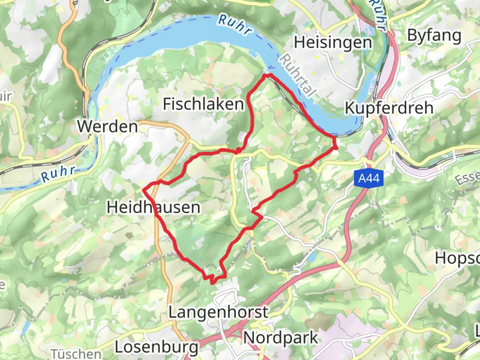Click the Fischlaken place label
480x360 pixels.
[203, 104]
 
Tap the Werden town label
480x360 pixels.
[108, 126]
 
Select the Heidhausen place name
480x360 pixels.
[153, 207]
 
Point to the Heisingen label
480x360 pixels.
[333, 43]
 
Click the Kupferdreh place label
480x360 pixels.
[389, 108]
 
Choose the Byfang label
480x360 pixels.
[434, 35]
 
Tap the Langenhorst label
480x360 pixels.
[218, 312]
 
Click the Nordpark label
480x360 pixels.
[281, 338]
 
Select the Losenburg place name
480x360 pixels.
[156, 347]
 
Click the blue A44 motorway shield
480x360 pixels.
[369, 179]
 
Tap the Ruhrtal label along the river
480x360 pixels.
[297, 76]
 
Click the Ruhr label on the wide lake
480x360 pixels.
[234, 25]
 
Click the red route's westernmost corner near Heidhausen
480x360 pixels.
[144, 190]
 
